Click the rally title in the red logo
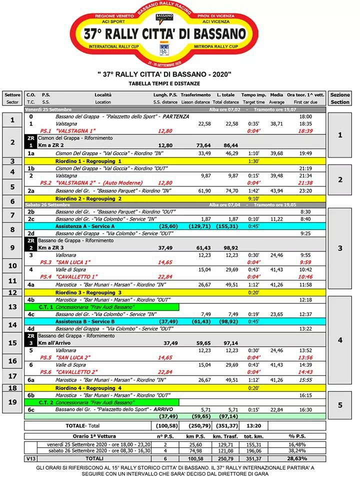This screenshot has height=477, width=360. click(x=164, y=34)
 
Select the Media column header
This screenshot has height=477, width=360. click(x=276, y=98)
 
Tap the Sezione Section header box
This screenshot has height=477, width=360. click(x=340, y=98)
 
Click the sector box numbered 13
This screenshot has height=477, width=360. click(x=12, y=306)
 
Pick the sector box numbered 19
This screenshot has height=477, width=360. click(x=12, y=401)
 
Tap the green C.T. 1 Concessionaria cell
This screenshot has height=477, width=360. click(x=102, y=306)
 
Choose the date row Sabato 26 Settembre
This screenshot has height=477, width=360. click(x=48, y=205)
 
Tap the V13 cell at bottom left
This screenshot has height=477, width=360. click(x=30, y=458)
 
